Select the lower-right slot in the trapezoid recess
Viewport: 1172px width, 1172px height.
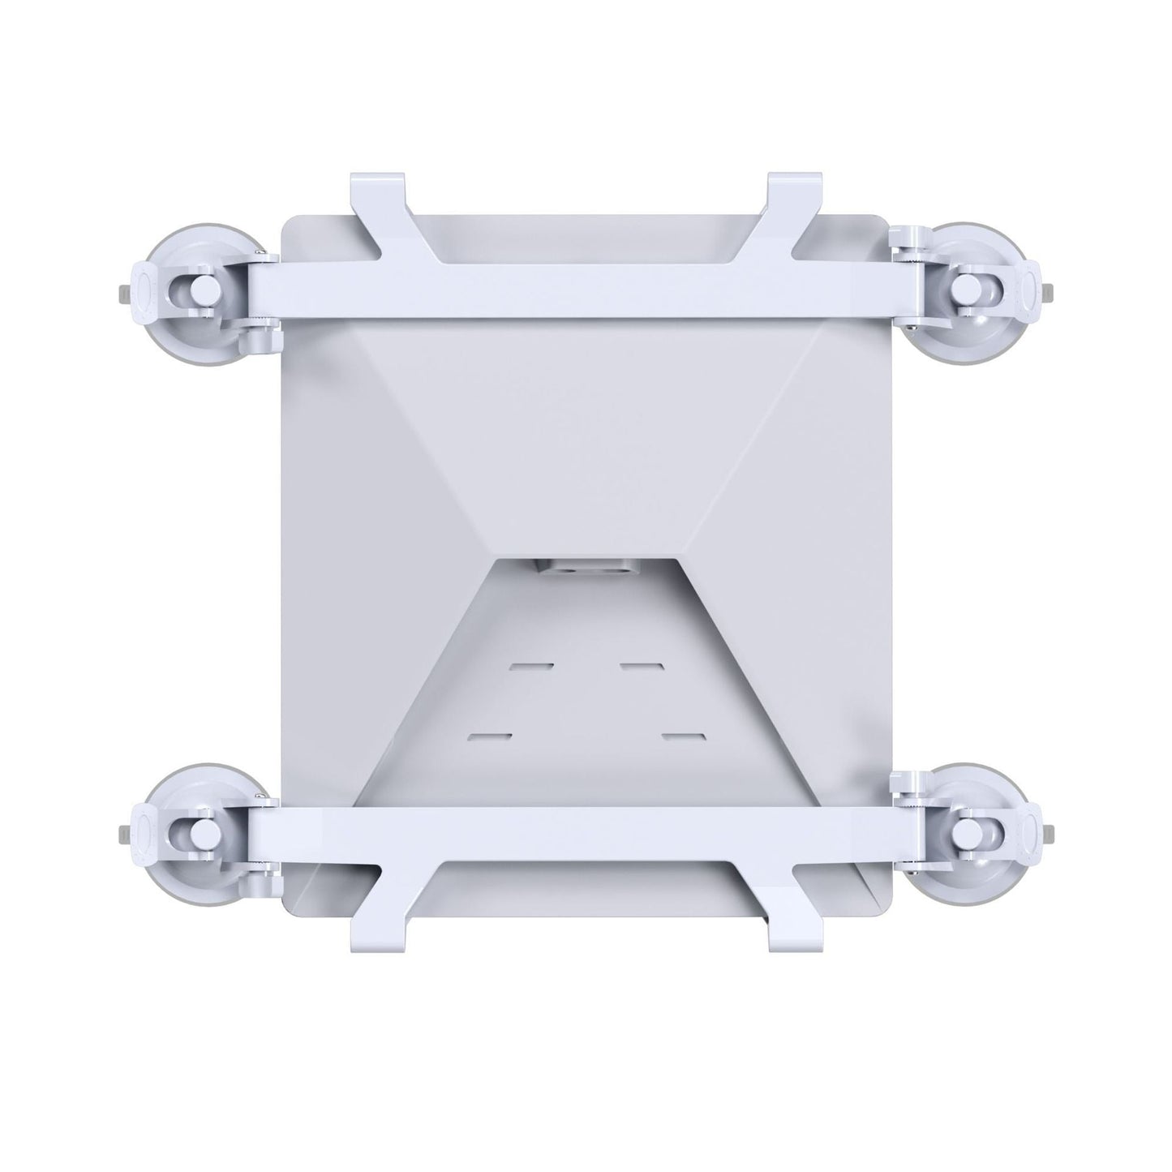pyautogui.click(x=683, y=737)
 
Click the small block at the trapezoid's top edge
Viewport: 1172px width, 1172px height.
pyautogui.click(x=586, y=569)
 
